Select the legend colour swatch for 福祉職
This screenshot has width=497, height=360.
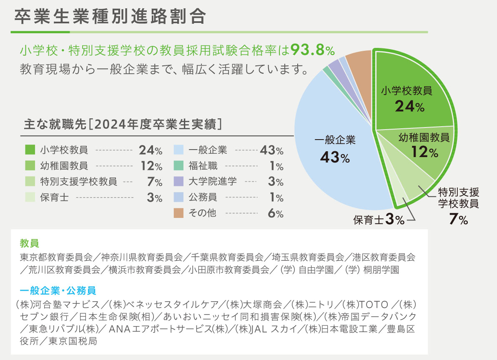(178, 166)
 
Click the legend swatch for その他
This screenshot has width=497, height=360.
(178, 213)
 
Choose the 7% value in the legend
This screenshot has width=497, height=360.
(154, 182)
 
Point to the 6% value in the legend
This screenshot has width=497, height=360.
(276, 213)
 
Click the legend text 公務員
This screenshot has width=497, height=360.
(203, 197)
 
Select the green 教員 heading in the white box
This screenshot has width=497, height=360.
(29, 242)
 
